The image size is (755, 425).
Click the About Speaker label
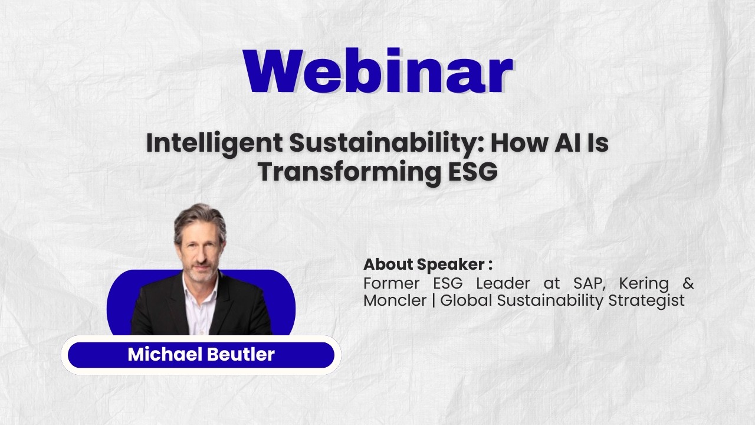pos(428,264)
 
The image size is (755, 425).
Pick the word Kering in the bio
pos(644,283)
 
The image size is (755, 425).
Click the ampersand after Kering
pos(688,283)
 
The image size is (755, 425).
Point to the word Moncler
pos(395,300)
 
